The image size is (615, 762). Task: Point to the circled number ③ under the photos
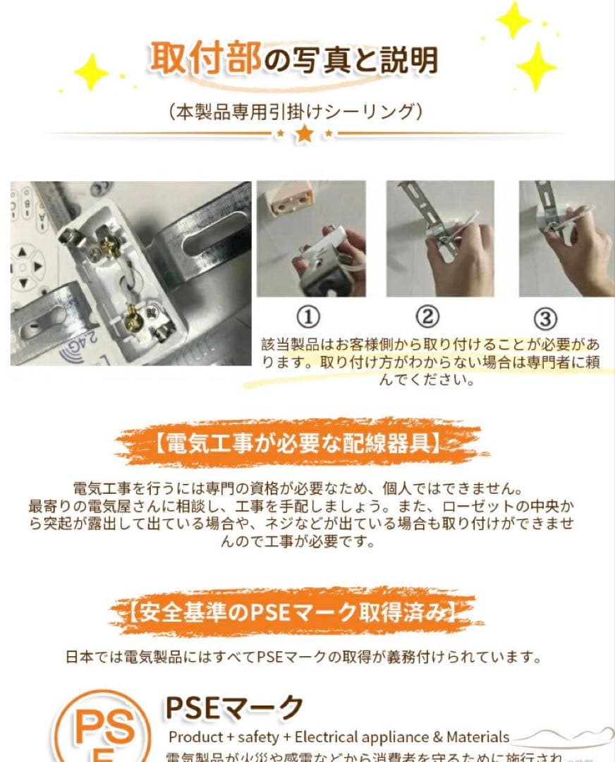tap(545, 319)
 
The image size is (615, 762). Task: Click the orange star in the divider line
tap(304, 133)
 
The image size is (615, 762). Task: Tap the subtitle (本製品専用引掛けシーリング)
tap(296, 111)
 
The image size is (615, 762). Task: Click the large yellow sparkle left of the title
tap(91, 72)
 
